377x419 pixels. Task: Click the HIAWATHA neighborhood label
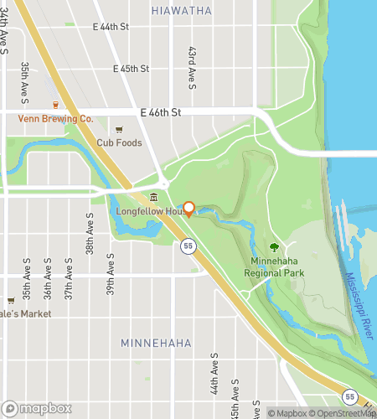[x=182, y=10]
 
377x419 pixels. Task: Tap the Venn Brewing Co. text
[x=56, y=119]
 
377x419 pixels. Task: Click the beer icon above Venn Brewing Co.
[x=56, y=106]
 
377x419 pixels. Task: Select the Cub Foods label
[x=119, y=142]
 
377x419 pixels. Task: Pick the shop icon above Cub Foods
[x=119, y=129]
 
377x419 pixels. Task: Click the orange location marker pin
[x=189, y=208]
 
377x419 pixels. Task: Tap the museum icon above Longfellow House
[x=153, y=198]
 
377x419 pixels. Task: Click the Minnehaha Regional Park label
[x=274, y=267]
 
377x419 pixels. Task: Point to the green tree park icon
[x=274, y=247]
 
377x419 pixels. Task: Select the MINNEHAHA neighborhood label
[x=156, y=344]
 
